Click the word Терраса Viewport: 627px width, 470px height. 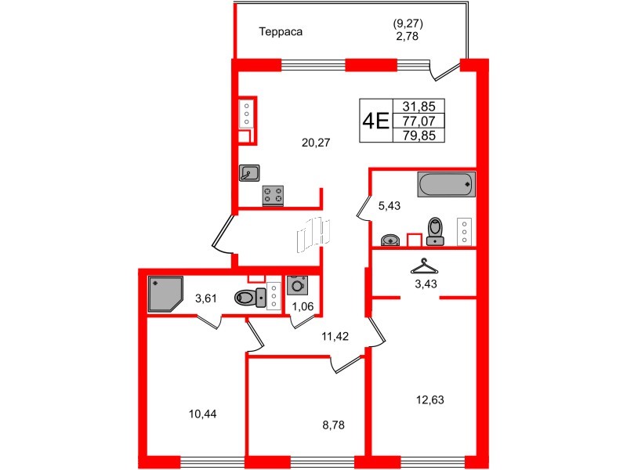click(281, 32)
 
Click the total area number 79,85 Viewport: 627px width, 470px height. click(422, 135)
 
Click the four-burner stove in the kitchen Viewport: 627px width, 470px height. click(274, 194)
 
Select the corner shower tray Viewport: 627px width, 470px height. click(165, 293)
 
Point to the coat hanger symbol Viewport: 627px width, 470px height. click(424, 265)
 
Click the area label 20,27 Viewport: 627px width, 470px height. click(317, 142)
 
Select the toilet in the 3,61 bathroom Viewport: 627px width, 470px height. click(250, 297)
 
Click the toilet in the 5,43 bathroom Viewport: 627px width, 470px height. click(434, 231)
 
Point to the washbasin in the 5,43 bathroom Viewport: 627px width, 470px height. click(390, 239)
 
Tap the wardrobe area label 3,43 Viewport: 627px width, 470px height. click(426, 284)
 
